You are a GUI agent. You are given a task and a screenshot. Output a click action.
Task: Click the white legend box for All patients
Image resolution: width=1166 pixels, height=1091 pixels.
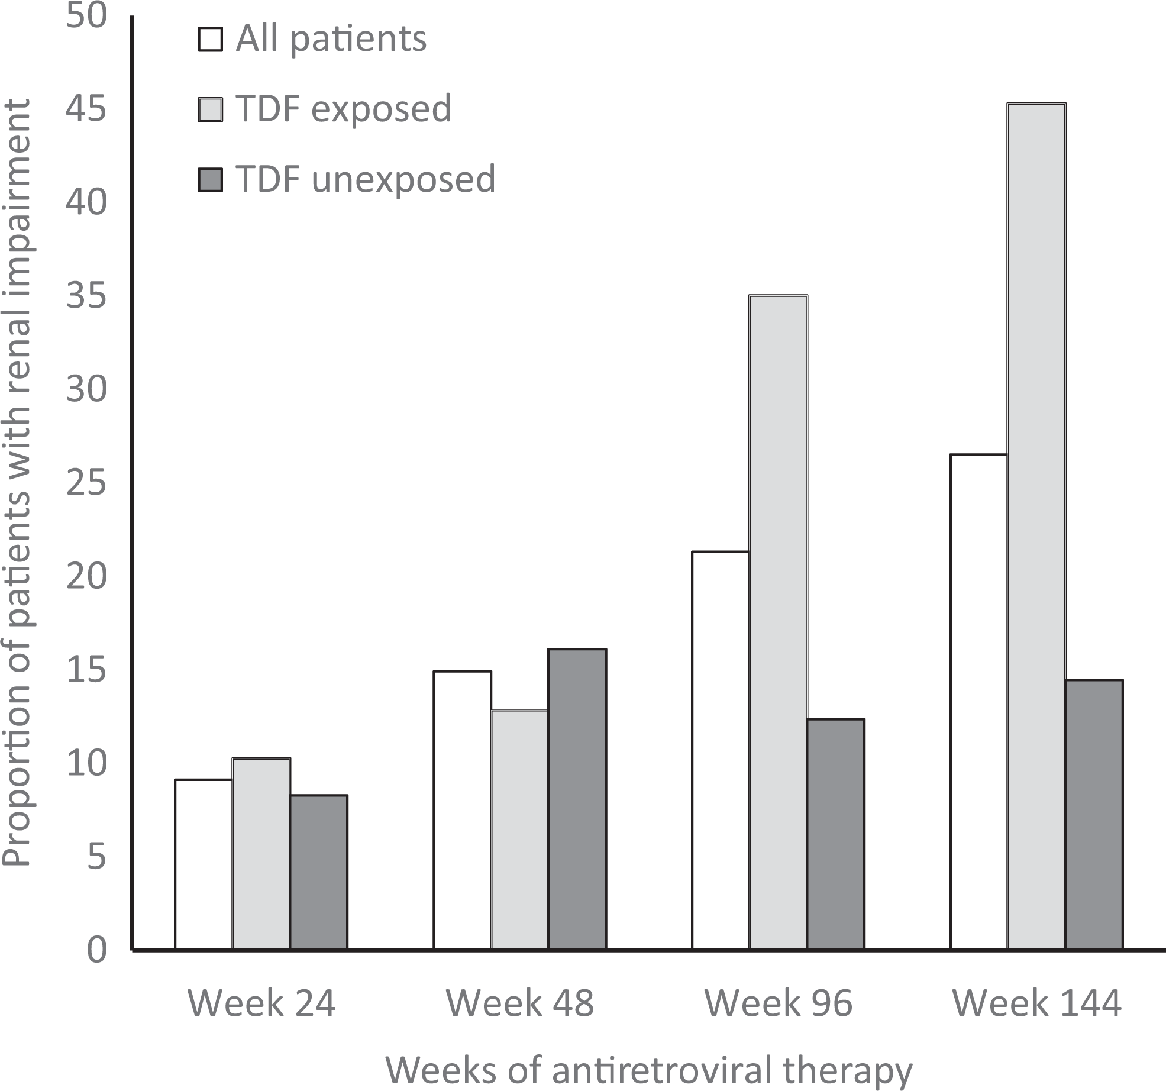click(210, 40)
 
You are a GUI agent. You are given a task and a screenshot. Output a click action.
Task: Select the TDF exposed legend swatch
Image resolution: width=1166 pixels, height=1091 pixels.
click(210, 109)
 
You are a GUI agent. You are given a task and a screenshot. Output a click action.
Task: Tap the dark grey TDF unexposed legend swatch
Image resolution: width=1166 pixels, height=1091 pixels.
click(210, 180)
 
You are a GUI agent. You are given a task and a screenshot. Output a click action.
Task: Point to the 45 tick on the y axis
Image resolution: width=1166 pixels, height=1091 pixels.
click(86, 108)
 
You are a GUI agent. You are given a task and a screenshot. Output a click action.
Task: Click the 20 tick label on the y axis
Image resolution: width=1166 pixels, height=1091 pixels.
click(86, 577)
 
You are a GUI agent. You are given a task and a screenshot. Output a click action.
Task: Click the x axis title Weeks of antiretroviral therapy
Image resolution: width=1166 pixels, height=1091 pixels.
click(649, 1069)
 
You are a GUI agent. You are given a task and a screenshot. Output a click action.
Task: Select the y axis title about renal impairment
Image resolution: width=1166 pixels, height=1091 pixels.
click(17, 483)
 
